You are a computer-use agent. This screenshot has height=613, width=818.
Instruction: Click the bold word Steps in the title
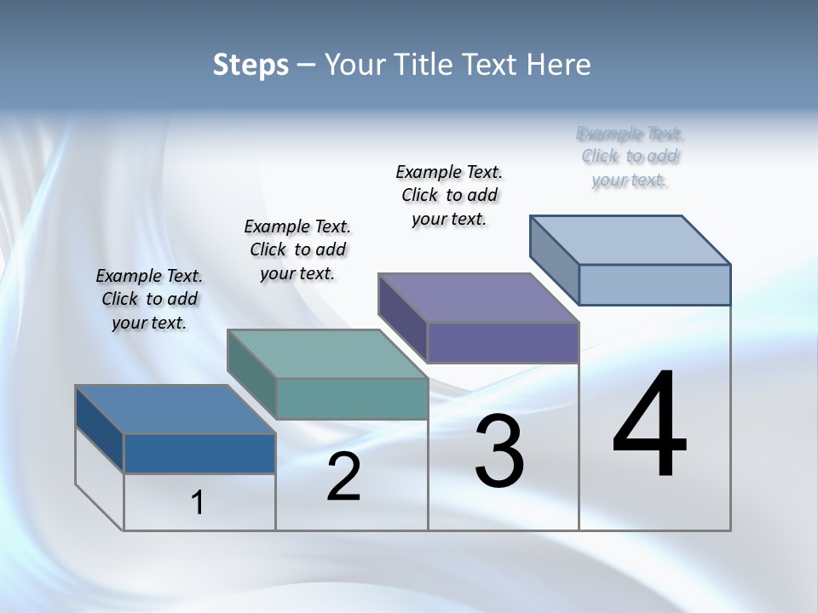251,65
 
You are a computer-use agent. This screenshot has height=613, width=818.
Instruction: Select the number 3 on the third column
499,451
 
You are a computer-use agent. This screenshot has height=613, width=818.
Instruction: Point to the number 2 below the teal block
343,477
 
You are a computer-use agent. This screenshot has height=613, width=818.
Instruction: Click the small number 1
198,503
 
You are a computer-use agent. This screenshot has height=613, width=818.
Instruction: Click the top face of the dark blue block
175,410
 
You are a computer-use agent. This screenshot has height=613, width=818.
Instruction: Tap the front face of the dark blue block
199,453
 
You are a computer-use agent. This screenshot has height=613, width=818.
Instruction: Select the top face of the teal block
327,354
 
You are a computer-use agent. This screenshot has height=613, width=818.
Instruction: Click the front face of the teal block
352,398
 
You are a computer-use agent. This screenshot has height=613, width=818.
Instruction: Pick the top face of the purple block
478,298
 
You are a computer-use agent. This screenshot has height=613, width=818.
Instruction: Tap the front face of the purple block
503,342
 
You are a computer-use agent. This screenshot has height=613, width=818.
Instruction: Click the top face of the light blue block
631,239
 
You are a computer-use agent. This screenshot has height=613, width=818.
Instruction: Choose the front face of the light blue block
654,284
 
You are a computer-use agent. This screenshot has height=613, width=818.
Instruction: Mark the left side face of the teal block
251,375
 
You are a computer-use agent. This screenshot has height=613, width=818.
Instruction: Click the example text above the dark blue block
149,299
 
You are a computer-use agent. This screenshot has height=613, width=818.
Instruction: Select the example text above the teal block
297,249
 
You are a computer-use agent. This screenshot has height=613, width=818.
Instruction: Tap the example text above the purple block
449,195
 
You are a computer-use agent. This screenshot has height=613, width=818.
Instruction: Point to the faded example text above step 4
630,157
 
